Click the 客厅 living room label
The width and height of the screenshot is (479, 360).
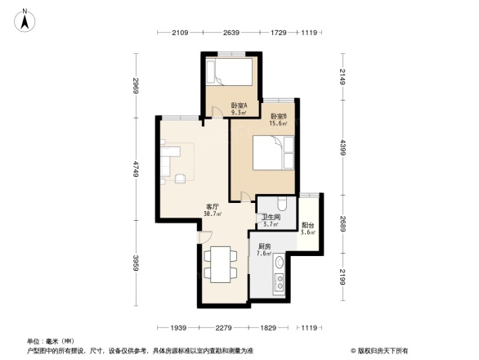click(213, 210)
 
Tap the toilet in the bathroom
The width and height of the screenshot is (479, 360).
click(280, 205)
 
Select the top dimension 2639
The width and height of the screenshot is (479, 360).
click(232, 33)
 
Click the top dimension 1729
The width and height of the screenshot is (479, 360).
click(277, 33)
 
